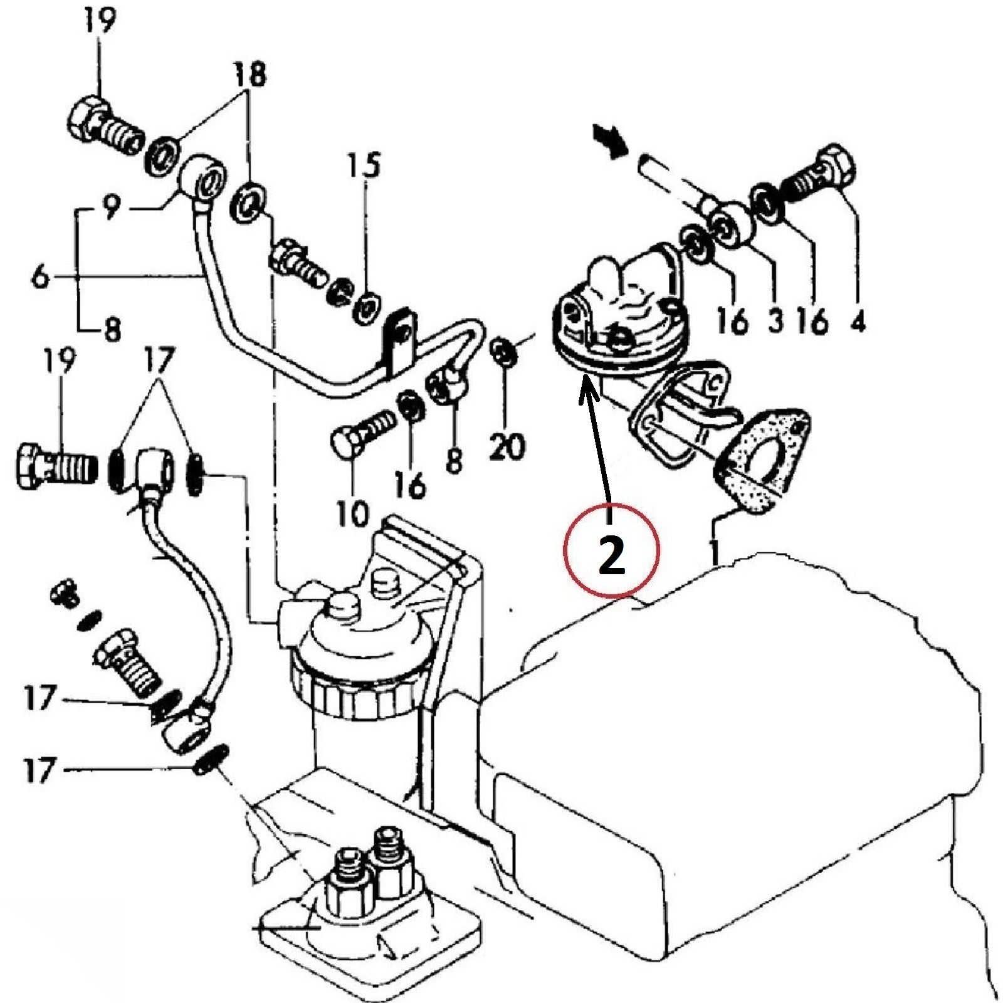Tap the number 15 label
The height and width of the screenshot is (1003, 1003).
point(364,167)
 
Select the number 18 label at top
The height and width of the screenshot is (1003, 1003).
point(249,74)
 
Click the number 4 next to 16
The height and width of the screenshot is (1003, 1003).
point(858,320)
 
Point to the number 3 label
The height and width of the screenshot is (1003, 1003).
point(774,320)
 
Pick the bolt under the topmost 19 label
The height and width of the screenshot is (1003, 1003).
point(100,124)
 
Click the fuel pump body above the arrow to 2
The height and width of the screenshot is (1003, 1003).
point(617,307)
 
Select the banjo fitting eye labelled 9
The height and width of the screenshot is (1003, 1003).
point(204,176)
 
